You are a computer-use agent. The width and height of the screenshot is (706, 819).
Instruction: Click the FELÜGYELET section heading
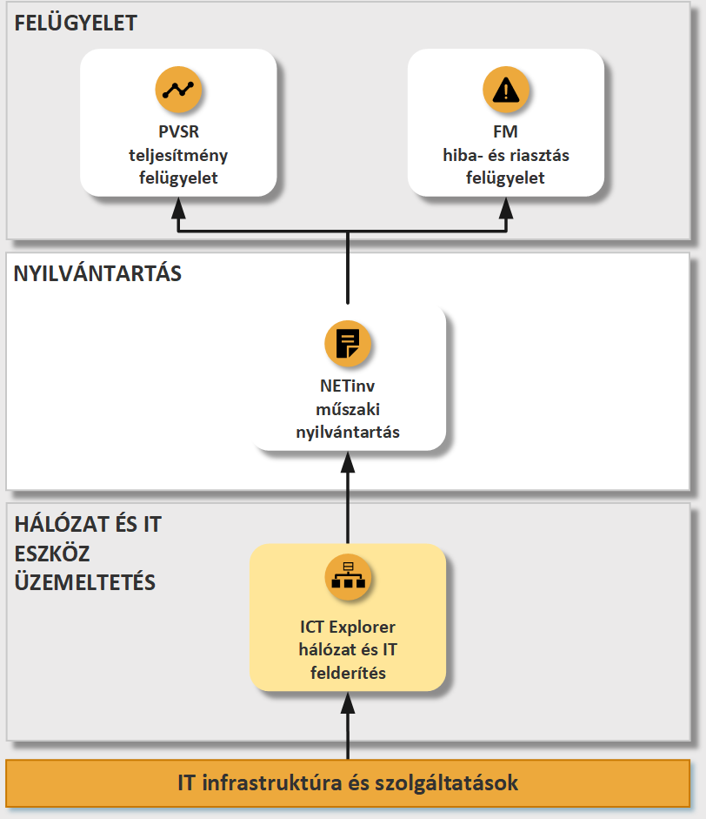pyautogui.click(x=76, y=23)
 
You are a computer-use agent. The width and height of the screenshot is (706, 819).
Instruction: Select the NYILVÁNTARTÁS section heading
pyautogui.click(x=97, y=273)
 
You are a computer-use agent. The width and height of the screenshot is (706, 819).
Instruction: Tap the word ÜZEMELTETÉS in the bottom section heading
pyautogui.click(x=85, y=582)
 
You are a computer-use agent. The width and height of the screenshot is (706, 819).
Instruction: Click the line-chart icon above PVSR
pyautogui.click(x=178, y=90)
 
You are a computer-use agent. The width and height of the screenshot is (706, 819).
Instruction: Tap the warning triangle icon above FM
pyautogui.click(x=506, y=90)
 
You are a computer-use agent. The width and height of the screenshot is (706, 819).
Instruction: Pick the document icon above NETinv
pyautogui.click(x=348, y=344)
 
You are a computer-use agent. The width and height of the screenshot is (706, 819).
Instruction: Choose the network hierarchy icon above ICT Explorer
pyautogui.click(x=348, y=577)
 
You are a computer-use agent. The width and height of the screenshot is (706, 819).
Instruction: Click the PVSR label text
pyautogui.click(x=178, y=131)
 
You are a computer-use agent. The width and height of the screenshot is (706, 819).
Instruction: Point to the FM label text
pyautogui.click(x=506, y=131)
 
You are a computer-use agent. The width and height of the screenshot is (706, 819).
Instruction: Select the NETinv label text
pyautogui.click(x=348, y=386)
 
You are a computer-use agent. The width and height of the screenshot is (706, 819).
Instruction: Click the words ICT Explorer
pyautogui.click(x=348, y=627)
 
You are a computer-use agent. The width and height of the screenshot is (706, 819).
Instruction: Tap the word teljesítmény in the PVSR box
pyautogui.click(x=178, y=155)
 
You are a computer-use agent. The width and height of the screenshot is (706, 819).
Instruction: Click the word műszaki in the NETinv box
pyautogui.click(x=348, y=409)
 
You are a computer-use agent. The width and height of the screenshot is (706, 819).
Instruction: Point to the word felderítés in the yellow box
pyautogui.click(x=348, y=673)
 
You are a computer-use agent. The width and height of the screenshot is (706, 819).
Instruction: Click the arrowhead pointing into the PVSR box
pyautogui.click(x=178, y=208)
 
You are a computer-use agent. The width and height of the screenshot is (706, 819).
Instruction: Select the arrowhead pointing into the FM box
pyautogui.click(x=506, y=208)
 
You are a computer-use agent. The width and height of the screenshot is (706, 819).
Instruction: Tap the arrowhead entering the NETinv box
pyautogui.click(x=348, y=462)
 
